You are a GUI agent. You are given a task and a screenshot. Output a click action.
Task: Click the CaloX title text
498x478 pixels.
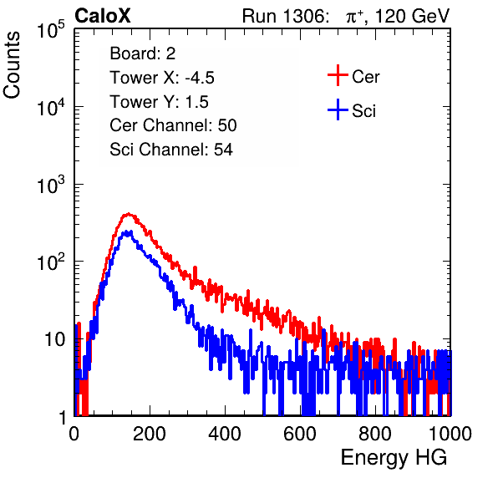(x=103, y=16)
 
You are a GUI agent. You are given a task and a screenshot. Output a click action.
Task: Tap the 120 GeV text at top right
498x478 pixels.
(x=413, y=16)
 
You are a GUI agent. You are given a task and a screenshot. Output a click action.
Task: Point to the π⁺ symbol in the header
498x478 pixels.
(x=354, y=17)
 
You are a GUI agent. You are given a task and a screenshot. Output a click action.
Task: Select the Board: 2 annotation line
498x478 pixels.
(x=142, y=53)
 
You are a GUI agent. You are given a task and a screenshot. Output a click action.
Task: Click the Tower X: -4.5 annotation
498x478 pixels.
(x=162, y=78)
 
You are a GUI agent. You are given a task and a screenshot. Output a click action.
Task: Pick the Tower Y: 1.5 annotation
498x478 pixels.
(x=159, y=102)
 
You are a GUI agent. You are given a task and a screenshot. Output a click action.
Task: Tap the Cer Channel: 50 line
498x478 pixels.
(x=173, y=125)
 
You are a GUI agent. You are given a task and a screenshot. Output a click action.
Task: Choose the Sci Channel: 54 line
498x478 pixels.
(x=171, y=150)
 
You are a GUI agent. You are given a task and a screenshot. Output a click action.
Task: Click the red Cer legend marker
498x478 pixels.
(x=338, y=75)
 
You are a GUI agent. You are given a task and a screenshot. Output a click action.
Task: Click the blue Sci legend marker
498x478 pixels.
(x=338, y=109)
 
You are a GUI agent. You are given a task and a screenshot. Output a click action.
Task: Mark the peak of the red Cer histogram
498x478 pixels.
(x=128, y=214)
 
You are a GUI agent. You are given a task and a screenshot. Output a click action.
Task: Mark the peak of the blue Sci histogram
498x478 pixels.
(x=127, y=231)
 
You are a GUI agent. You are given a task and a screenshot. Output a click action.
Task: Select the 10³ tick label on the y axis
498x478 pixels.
(x=51, y=185)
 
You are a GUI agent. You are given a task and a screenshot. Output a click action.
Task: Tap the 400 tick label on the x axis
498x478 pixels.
(x=225, y=434)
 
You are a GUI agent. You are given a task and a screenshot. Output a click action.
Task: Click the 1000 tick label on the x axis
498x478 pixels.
(x=450, y=434)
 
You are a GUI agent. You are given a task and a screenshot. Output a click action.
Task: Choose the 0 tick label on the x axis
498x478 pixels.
(x=74, y=434)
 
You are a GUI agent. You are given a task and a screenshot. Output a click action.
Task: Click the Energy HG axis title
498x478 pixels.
(x=394, y=458)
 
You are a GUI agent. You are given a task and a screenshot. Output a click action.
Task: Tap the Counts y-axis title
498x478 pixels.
(x=12, y=65)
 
